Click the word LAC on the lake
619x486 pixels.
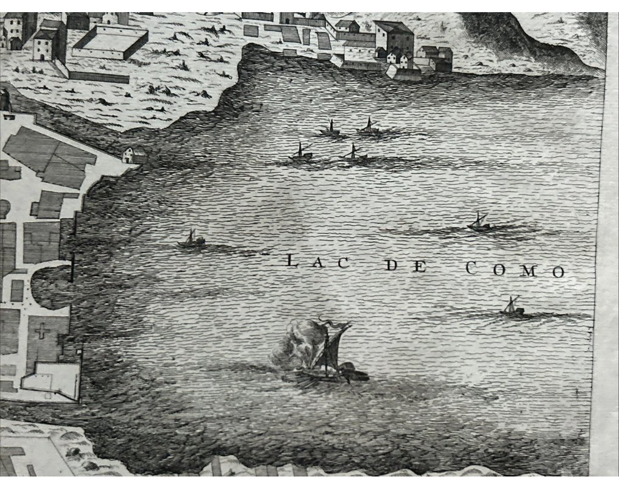(317, 263)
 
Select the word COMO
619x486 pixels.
(515, 270)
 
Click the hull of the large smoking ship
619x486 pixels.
(326, 376)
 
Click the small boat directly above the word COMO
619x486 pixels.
(479, 223)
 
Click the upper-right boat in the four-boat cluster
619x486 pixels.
(368, 128)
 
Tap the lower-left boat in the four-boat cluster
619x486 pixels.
(300, 154)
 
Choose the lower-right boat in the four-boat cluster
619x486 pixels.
(354, 154)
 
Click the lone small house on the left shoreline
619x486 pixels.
(135, 155)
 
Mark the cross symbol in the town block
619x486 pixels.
(41, 332)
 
